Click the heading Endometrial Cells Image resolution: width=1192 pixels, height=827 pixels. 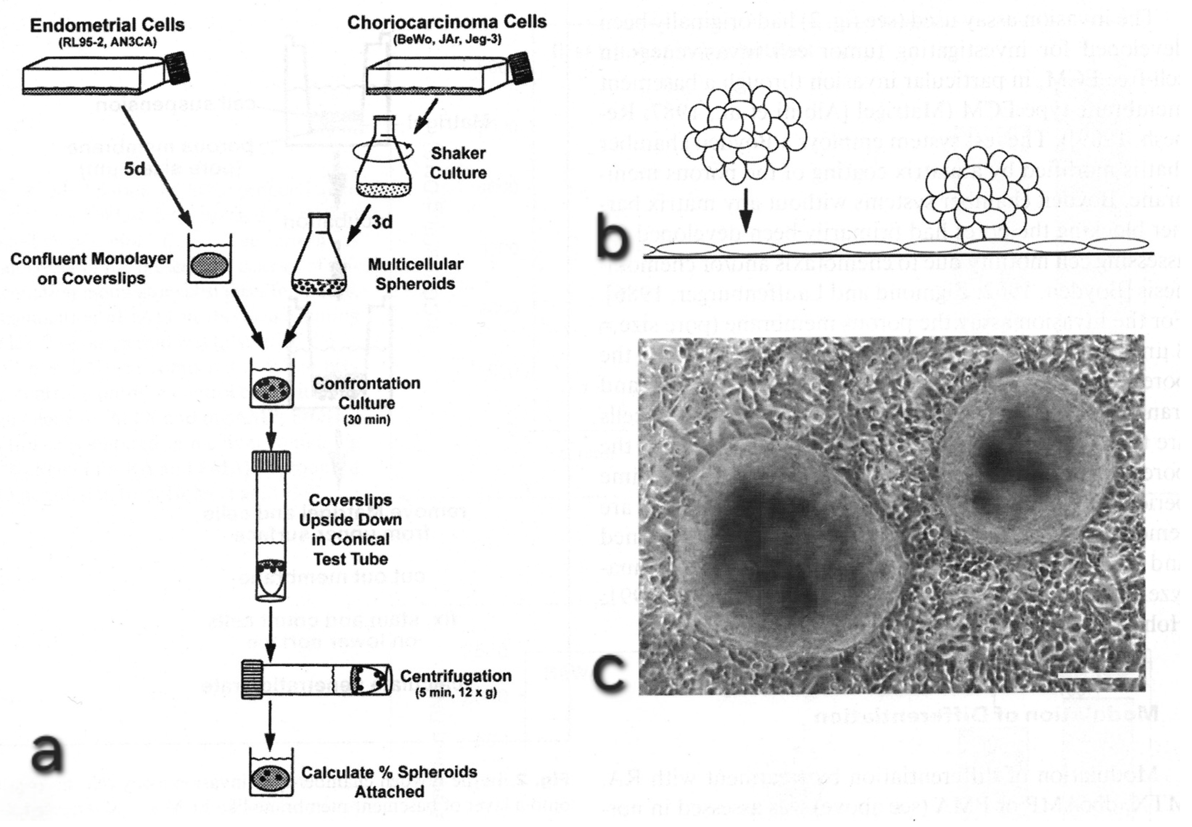point(107,25)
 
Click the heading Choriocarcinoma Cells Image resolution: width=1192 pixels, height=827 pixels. point(446,22)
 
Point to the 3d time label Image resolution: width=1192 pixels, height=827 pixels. point(382,222)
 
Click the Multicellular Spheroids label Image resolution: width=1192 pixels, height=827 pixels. point(415,274)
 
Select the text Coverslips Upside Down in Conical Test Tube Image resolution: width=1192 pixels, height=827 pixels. point(351,530)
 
